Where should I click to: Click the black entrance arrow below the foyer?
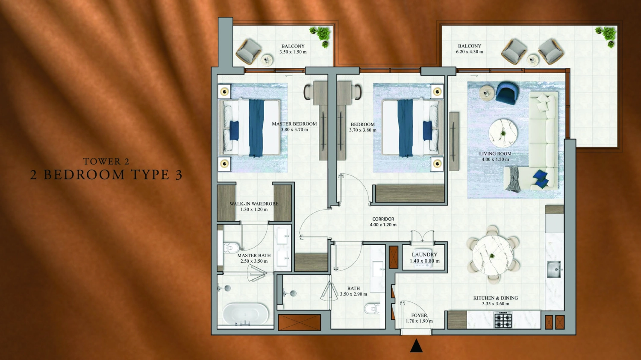pyautogui.click(x=416, y=346)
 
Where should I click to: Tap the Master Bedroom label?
pyautogui.click(x=294, y=124)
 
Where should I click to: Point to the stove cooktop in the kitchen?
pyautogui.click(x=503, y=320)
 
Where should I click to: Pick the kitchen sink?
pyautogui.click(x=554, y=269)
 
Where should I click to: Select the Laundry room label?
pyautogui.click(x=424, y=255)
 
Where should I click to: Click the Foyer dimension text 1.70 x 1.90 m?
pyautogui.click(x=419, y=321)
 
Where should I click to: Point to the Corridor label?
pyautogui.click(x=383, y=219)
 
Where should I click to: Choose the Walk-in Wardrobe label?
pyautogui.click(x=254, y=204)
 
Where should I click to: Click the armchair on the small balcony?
pyautogui.click(x=248, y=52)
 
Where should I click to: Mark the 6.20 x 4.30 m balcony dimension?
pyautogui.click(x=469, y=52)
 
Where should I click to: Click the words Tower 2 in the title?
pyautogui.click(x=106, y=161)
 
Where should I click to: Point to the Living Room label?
pyautogui.click(x=495, y=154)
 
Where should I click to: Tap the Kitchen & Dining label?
pyautogui.click(x=495, y=298)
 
